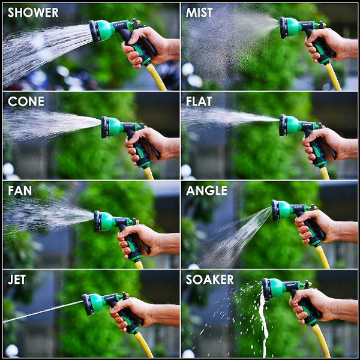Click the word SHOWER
[x=33, y=13]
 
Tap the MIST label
[x=199, y=13]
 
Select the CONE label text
[x=26, y=101]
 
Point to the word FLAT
[x=199, y=101]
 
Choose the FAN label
[x=20, y=191]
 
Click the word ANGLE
[x=206, y=191]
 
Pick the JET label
[x=17, y=280]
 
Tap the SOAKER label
[x=209, y=280]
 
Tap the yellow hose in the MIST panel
[x=332, y=76]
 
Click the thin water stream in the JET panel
[x=43, y=311]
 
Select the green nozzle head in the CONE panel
[x=113, y=127]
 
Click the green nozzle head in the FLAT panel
[x=290, y=125]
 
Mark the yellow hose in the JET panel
[x=143, y=344]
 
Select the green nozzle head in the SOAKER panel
[x=274, y=289]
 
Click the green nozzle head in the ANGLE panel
[x=283, y=210]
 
